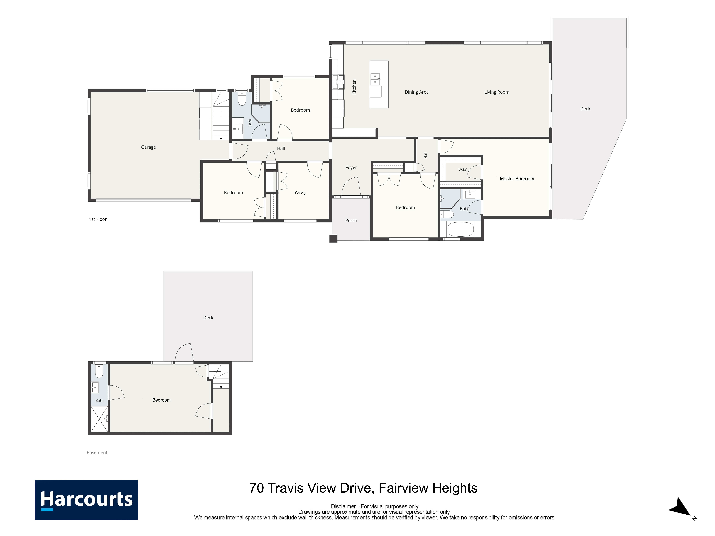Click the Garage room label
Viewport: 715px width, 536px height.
(148, 147)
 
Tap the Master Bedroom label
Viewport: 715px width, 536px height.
(517, 179)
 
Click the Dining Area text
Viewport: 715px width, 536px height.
(417, 92)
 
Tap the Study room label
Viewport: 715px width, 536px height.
(300, 193)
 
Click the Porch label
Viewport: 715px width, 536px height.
(351, 220)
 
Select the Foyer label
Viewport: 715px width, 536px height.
(351, 167)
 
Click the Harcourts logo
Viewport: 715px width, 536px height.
(86, 500)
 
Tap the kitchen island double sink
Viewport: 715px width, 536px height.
(375, 79)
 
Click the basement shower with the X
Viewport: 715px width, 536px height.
(99, 419)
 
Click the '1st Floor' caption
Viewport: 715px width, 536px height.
(98, 219)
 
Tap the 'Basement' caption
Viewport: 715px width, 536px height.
(97, 452)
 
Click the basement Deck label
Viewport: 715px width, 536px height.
(208, 318)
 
